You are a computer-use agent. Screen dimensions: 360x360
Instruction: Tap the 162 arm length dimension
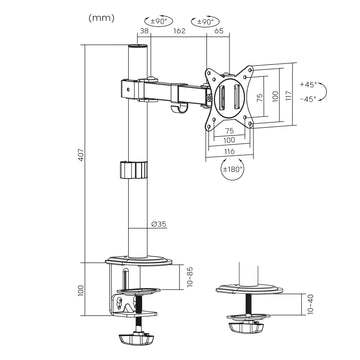(x=177, y=32)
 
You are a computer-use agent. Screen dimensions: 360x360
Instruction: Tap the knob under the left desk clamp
(x=133, y=337)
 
